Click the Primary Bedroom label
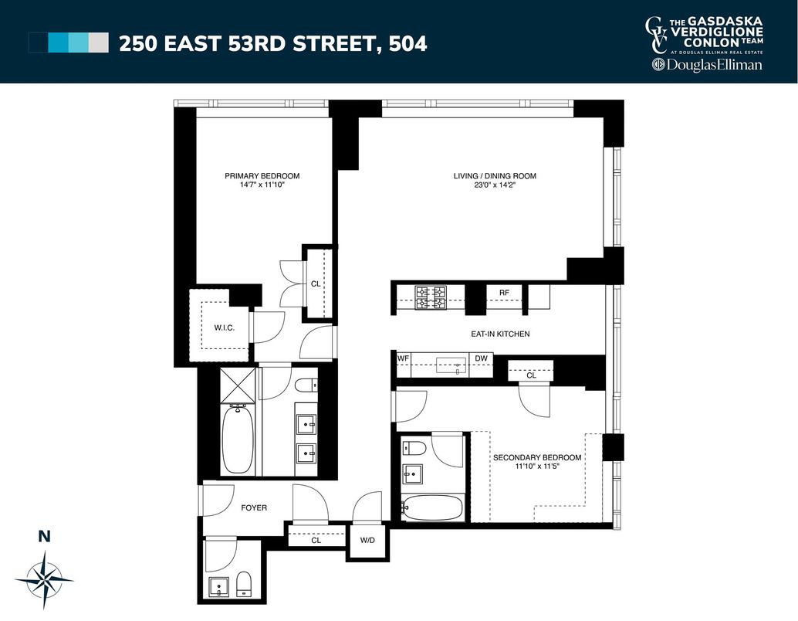pos(262,176)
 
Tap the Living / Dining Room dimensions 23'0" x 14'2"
pos(494,185)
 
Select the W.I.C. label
pos(224,328)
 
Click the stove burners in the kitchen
pos(431,298)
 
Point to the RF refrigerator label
pos(504,293)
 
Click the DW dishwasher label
pos(481,358)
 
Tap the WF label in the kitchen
pos(403,358)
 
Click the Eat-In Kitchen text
pos(500,334)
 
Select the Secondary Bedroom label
pos(537,457)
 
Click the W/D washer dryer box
pos(367,540)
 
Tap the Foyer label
pos(254,507)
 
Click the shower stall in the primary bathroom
pos(238,386)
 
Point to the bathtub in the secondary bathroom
pos(433,508)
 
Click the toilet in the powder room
pos(244,584)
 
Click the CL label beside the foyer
pos(316,540)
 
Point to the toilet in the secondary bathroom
pos(413,448)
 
